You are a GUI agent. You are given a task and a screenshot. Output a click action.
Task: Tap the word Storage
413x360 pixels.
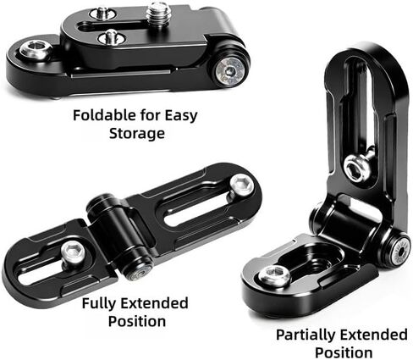(137, 134)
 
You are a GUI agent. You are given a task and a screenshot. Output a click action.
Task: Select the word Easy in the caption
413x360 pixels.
(180, 116)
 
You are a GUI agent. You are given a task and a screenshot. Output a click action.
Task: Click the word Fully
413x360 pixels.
(99, 303)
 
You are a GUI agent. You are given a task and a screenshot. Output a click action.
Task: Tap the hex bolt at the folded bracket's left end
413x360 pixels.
(35, 50)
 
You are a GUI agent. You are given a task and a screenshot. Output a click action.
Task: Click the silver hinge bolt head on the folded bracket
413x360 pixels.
(230, 71)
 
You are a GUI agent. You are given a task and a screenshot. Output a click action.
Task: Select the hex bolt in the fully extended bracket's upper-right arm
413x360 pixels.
(242, 185)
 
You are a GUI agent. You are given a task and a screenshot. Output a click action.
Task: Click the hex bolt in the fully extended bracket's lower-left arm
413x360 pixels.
(74, 252)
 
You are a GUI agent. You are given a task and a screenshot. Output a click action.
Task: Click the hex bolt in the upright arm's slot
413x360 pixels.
(357, 169)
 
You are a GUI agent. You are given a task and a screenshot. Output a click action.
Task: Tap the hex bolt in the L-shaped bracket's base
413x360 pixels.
(274, 274)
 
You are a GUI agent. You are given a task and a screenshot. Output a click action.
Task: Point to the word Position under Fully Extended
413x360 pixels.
(137, 321)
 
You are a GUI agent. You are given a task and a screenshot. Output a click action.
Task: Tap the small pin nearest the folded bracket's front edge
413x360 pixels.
(112, 36)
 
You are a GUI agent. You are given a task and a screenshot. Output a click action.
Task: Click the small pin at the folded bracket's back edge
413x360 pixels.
(102, 13)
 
